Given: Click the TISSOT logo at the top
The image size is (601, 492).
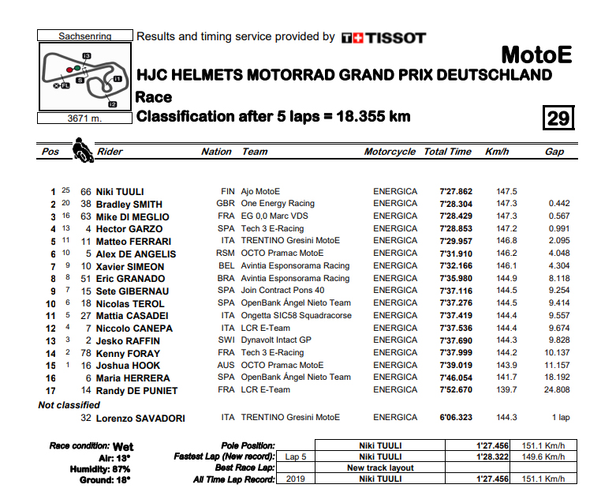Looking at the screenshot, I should (x=383, y=37).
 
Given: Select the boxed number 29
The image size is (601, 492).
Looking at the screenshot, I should (x=558, y=118).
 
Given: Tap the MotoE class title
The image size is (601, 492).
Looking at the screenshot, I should (x=536, y=55).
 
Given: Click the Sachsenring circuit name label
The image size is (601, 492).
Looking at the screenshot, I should (x=85, y=36).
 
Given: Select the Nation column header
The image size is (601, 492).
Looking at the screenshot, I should (x=216, y=152).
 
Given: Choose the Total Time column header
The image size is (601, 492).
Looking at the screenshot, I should (x=447, y=152).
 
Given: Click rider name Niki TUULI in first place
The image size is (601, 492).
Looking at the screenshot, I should (x=119, y=191).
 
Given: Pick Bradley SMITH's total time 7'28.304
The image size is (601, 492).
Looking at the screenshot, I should (x=455, y=204).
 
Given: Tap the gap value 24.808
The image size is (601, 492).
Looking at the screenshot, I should (x=554, y=390).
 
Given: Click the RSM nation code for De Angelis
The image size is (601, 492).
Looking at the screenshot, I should (x=227, y=254).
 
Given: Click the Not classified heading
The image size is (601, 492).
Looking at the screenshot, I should (x=69, y=405).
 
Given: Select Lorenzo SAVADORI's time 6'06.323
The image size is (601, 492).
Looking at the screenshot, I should (x=455, y=418).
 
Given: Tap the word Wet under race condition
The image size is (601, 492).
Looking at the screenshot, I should (x=123, y=446).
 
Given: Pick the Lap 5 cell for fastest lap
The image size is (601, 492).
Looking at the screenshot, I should (x=295, y=456).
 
